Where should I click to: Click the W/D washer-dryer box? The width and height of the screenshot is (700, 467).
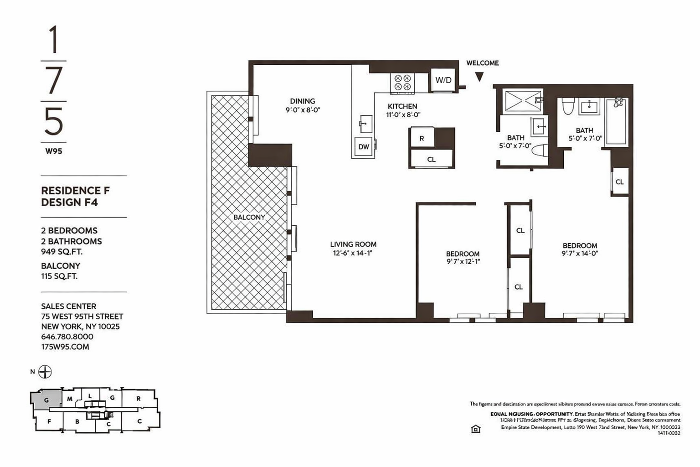(443, 80)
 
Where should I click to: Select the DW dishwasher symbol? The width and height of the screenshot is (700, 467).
(363, 147)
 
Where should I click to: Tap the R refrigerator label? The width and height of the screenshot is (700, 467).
(422, 138)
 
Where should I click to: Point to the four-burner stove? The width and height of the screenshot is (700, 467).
(402, 83)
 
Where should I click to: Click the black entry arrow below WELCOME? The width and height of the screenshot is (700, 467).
(479, 77)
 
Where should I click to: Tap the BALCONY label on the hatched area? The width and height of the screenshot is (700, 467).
(249, 217)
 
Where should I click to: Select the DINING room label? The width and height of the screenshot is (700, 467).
(303, 101)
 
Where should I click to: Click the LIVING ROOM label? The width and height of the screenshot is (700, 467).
(353, 244)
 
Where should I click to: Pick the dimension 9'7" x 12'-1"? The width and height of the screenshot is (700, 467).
(463, 262)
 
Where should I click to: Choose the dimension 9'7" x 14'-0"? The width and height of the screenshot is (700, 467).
(580, 254)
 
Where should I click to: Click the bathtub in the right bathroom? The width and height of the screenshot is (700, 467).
(616, 122)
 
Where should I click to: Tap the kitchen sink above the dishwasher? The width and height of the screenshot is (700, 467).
(365, 124)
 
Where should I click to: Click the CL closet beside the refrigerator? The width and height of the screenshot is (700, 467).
(431, 159)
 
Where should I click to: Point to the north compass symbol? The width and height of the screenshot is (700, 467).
(45, 372)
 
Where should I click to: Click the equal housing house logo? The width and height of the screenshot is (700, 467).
(475, 429)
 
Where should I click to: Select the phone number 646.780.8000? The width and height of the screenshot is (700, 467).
(67, 337)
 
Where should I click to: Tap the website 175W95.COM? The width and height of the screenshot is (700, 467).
(65, 347)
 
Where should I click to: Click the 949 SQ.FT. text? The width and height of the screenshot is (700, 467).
(62, 252)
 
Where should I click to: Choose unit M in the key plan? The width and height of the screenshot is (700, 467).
(70, 399)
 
